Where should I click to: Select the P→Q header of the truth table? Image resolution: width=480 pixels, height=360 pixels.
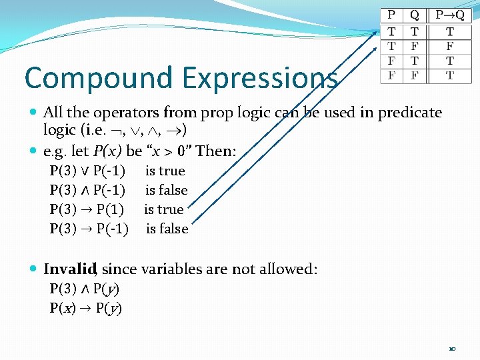click(x=450, y=15)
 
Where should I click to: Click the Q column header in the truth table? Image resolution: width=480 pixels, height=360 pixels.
click(x=414, y=15)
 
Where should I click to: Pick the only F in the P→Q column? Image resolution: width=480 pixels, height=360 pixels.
click(x=450, y=46)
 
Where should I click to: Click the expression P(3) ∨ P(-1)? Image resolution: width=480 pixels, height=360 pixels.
click(x=88, y=171)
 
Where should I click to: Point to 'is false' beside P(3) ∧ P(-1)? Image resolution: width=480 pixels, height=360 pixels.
click(x=167, y=190)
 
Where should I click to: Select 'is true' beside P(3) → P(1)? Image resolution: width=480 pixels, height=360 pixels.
click(x=164, y=209)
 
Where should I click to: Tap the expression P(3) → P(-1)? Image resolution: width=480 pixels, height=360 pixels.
click(x=89, y=229)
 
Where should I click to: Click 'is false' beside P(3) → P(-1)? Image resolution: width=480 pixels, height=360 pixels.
click(x=167, y=229)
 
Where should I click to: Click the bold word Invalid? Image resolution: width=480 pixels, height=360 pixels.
click(x=70, y=269)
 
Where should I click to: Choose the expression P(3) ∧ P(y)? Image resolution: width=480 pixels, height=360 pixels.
click(x=85, y=289)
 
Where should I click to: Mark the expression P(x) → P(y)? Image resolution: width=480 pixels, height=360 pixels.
click(x=85, y=308)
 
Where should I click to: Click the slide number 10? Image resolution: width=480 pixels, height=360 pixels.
click(x=453, y=347)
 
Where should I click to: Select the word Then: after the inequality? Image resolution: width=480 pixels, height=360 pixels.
click(x=215, y=151)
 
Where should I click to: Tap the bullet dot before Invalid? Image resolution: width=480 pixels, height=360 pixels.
click(x=33, y=270)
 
